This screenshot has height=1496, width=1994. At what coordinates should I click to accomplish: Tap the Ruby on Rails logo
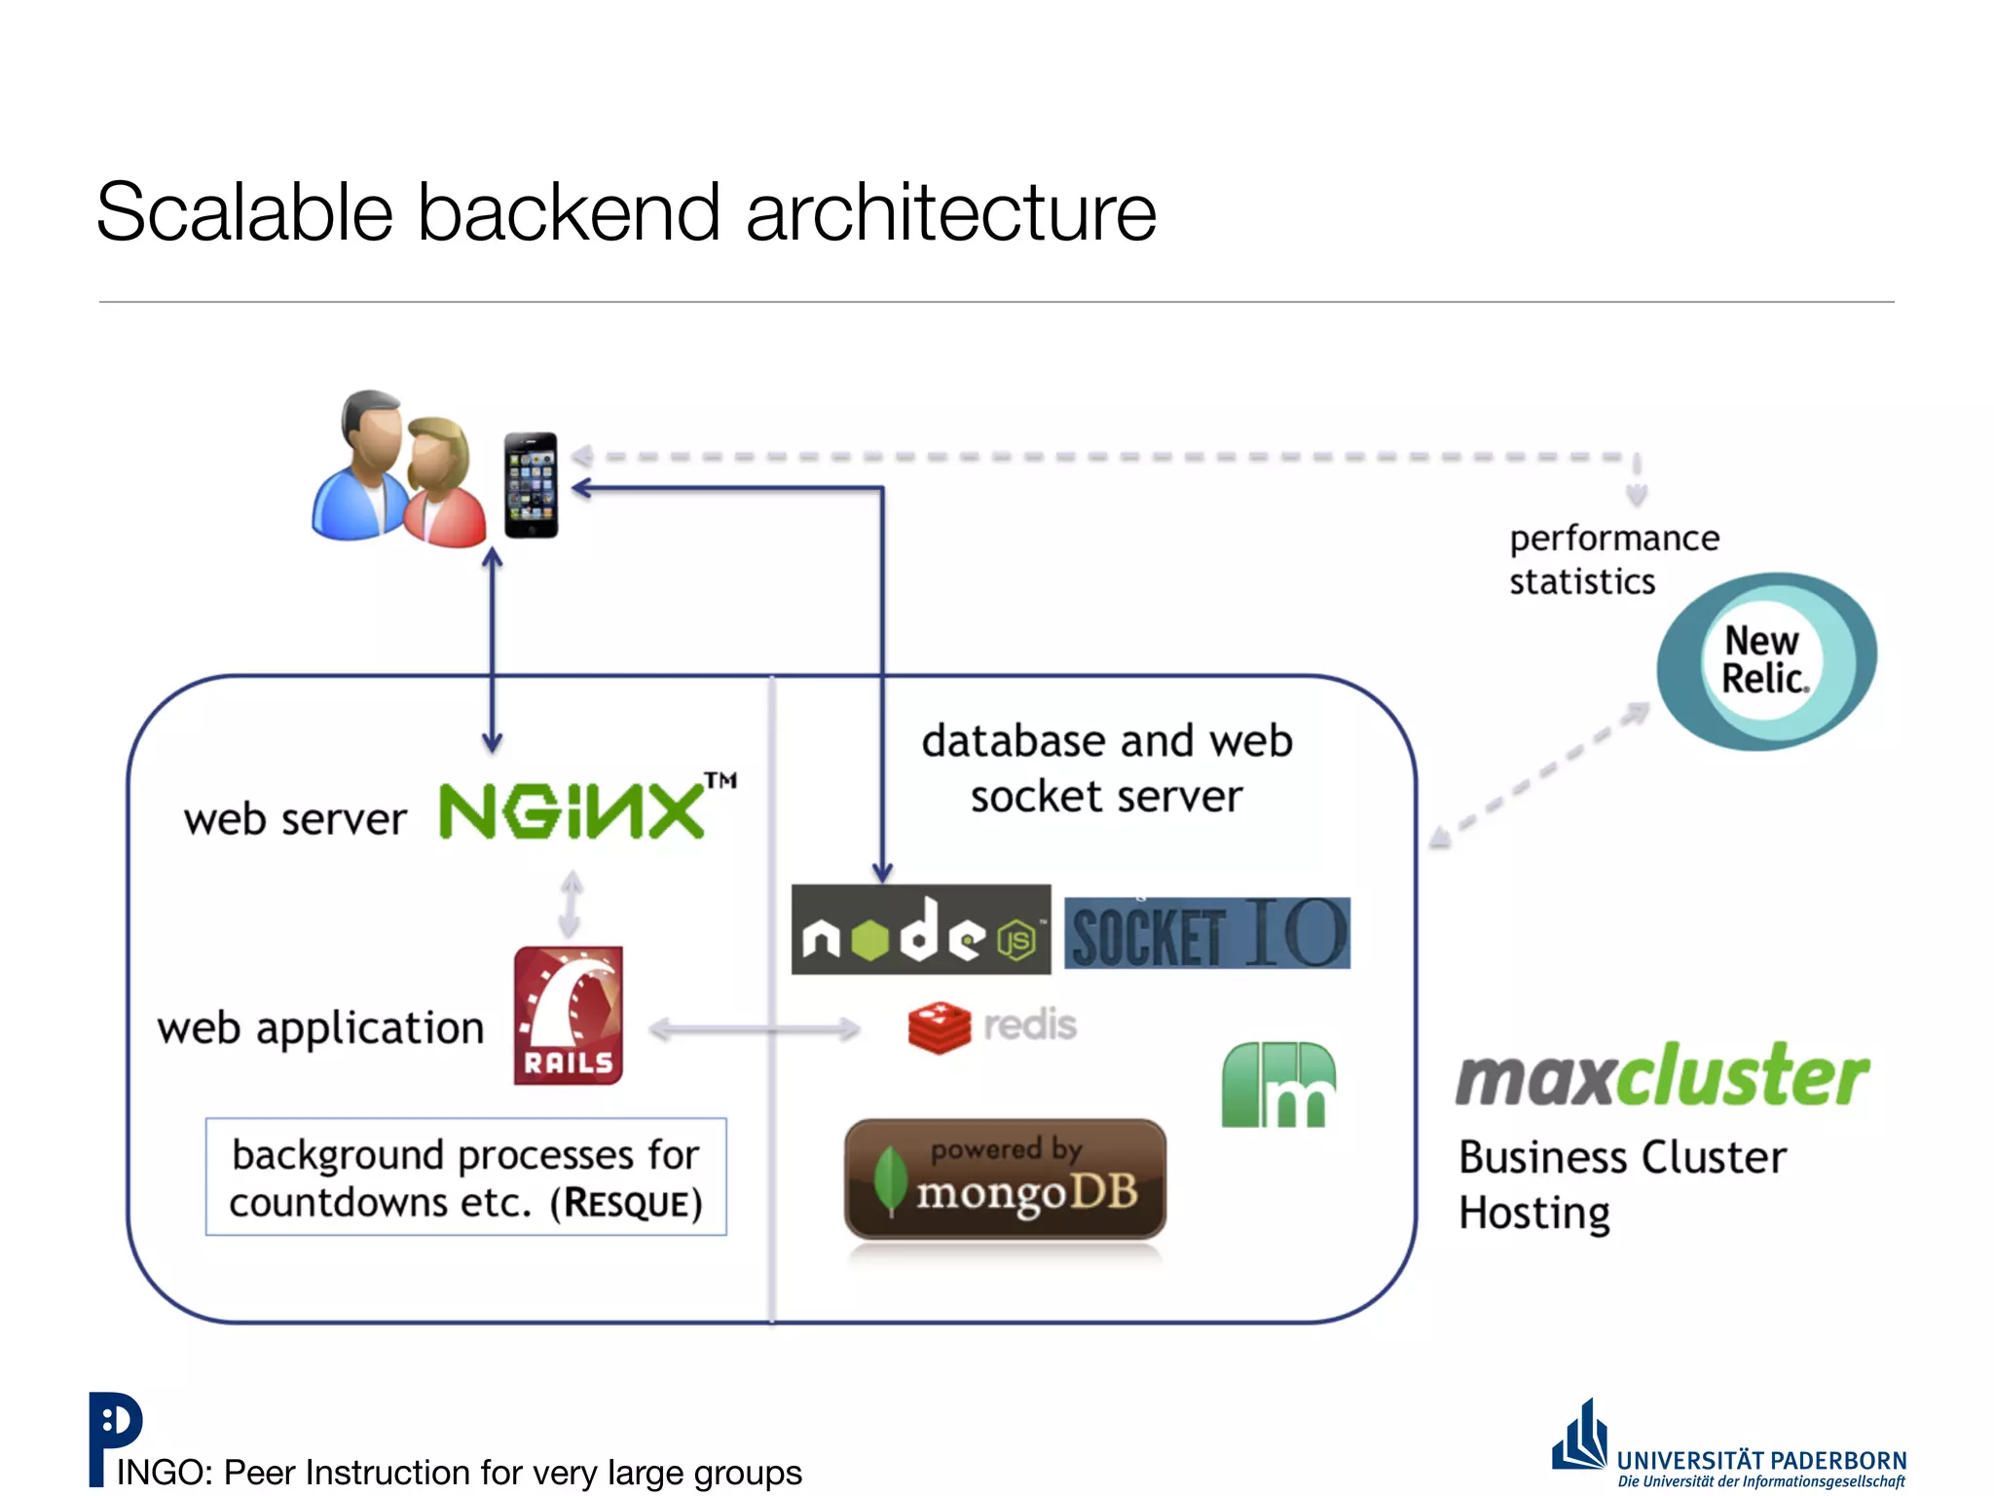click(x=569, y=1015)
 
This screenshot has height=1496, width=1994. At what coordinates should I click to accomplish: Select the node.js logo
click(x=920, y=930)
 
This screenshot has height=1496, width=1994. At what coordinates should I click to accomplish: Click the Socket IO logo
click(x=1207, y=933)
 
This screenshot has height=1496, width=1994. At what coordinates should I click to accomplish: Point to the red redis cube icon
click(x=939, y=1028)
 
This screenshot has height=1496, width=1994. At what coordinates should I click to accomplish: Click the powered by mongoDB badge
click(x=1005, y=1179)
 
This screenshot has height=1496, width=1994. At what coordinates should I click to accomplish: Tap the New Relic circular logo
click(x=1765, y=661)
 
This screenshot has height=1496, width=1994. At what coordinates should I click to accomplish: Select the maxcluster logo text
click(x=1662, y=1077)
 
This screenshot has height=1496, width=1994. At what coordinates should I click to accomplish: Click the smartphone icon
click(x=531, y=484)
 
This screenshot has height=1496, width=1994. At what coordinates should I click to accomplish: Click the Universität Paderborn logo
click(x=1729, y=1447)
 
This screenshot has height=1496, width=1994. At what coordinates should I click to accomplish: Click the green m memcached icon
click(x=1278, y=1085)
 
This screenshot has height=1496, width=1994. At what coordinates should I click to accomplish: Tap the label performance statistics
click(x=1612, y=560)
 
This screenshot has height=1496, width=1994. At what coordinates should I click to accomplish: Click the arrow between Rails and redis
click(x=755, y=1028)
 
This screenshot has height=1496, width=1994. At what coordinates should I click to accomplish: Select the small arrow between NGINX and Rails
click(x=572, y=905)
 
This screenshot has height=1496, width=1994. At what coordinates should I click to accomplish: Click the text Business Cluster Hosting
click(x=1621, y=1184)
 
